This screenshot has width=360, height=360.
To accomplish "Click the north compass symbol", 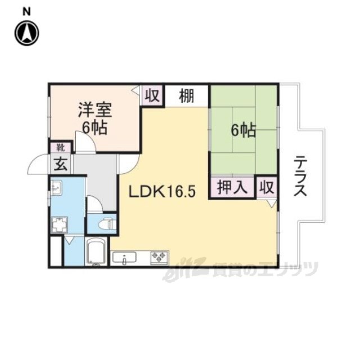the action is [26, 33].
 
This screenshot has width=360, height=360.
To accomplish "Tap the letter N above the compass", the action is [26, 12].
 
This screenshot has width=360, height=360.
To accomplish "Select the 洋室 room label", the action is [95, 110].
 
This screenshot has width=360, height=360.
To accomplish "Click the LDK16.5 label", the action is [162, 191].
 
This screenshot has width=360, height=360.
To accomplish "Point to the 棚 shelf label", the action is [187, 96].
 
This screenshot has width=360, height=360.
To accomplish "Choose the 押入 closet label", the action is [232, 187].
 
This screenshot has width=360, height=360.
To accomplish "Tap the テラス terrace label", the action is [300, 175].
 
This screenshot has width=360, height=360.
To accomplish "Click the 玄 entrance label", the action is [61, 164].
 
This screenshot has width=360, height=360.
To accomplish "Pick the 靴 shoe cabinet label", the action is [61, 148].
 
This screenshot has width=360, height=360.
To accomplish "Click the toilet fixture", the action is [106, 223].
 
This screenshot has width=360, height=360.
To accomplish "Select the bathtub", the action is [96, 251].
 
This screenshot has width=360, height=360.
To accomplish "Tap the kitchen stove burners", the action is [159, 258].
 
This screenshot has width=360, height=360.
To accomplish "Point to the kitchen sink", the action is [124, 258].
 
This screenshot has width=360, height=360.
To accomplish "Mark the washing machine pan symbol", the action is [59, 225].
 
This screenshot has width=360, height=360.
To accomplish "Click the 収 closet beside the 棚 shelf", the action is [152, 96].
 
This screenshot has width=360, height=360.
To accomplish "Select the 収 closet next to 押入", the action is [267, 187].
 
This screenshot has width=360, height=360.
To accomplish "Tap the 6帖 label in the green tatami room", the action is [243, 130].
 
